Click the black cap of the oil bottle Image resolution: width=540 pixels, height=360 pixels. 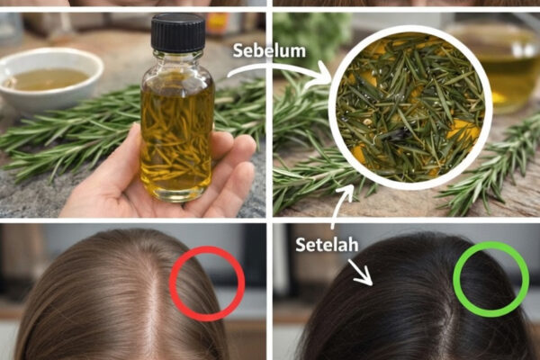point(178,31)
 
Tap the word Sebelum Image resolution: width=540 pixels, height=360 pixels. point(269,51)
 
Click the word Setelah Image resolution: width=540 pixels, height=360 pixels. point(327,245)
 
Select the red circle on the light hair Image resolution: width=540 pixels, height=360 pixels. point(207,283)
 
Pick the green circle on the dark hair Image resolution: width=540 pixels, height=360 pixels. point(491,279)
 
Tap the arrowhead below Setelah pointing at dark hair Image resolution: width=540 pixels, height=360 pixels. point(364,278)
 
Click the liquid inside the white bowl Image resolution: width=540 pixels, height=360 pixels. point(47,79)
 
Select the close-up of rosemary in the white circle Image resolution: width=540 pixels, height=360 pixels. point(410,107)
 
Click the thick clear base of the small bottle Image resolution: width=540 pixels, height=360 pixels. point(176,193)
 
